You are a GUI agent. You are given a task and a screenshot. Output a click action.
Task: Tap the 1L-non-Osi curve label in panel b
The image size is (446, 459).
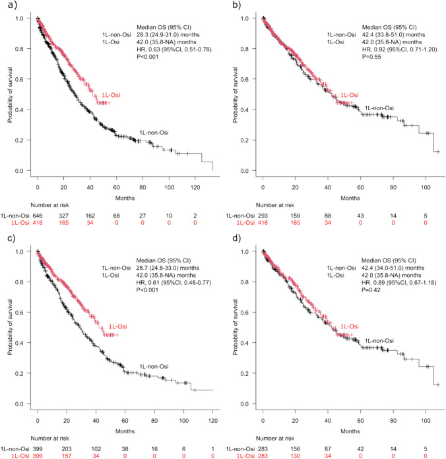pyautogui.click(x=379, y=108)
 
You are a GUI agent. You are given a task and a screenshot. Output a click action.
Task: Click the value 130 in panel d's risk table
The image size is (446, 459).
pyautogui.click(x=296, y=448)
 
